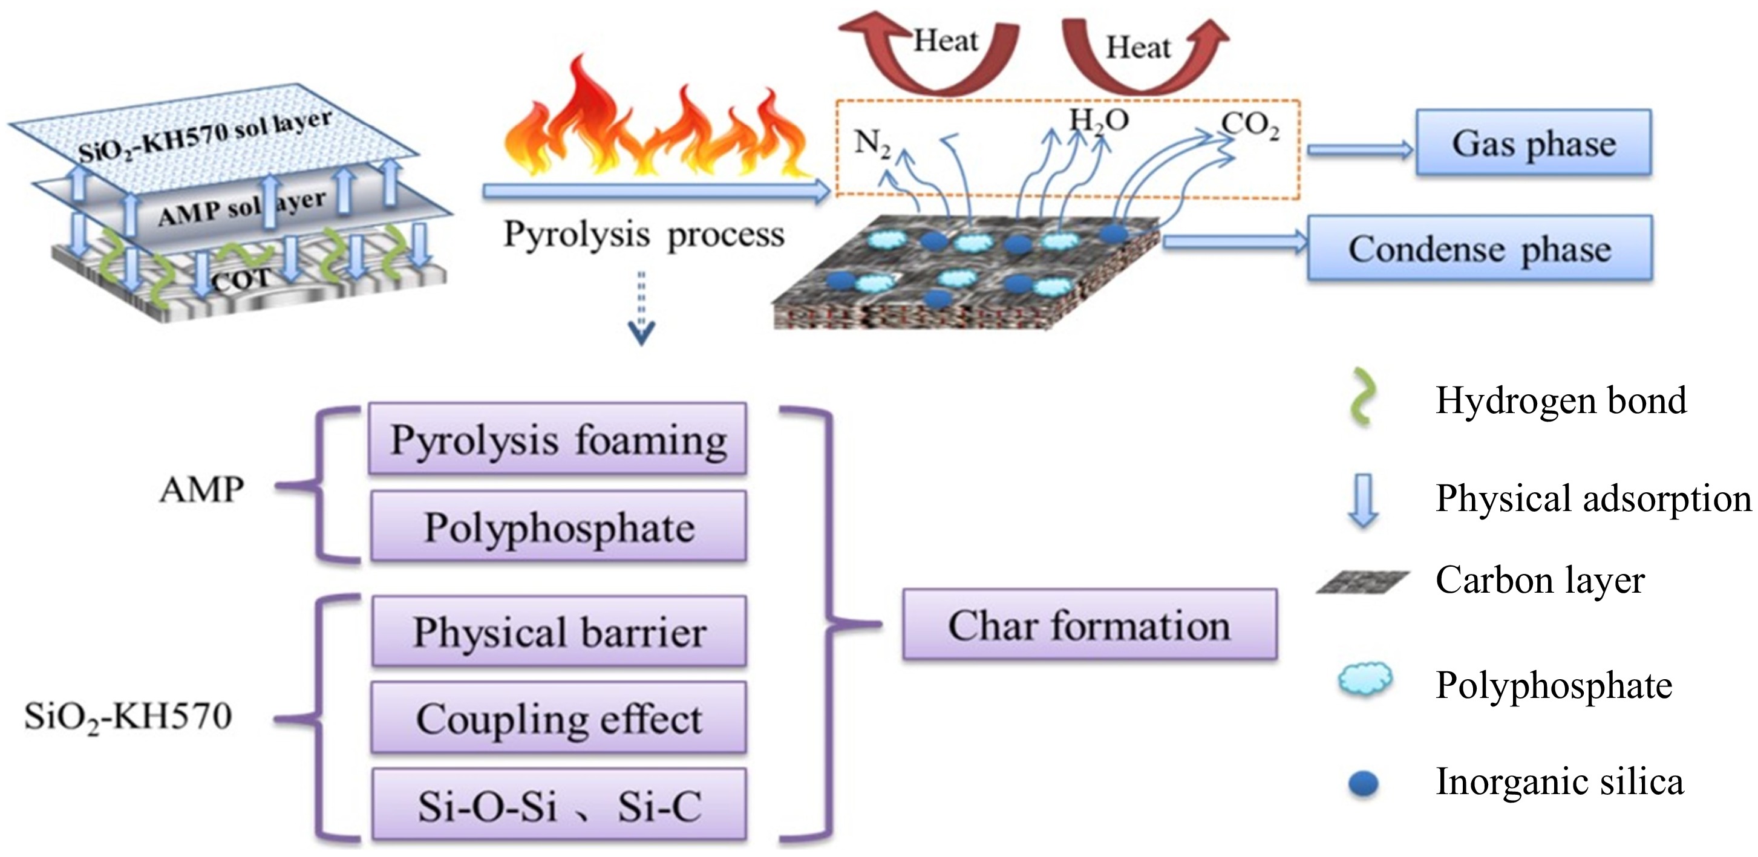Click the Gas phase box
1533,143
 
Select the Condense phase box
1479,249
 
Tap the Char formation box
1089,624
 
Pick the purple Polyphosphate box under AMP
558,527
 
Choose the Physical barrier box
558,631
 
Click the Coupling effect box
558,718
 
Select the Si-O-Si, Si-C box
558,805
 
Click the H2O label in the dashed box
1098,121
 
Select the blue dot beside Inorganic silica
1364,783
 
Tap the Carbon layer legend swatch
1362,582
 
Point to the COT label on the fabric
241,281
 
